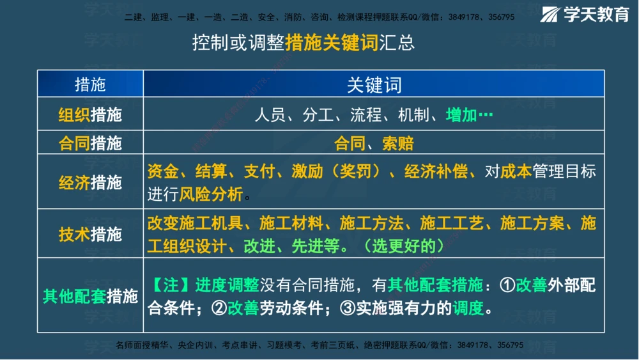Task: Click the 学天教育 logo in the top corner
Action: pos(586,15)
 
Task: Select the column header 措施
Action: pos(90,84)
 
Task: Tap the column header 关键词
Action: pos(374,84)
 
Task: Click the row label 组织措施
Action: pos(90,115)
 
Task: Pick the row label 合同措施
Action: pos(90,143)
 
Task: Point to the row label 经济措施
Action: pos(90,182)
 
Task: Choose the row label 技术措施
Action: pos(90,234)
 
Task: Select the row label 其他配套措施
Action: pos(90,296)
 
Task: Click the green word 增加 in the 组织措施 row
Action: pos(461,115)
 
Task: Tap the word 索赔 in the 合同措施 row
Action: pos(397,143)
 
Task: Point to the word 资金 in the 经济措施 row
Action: pos(162,171)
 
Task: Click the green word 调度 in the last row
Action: pos(468,308)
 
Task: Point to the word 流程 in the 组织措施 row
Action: pos(366,115)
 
